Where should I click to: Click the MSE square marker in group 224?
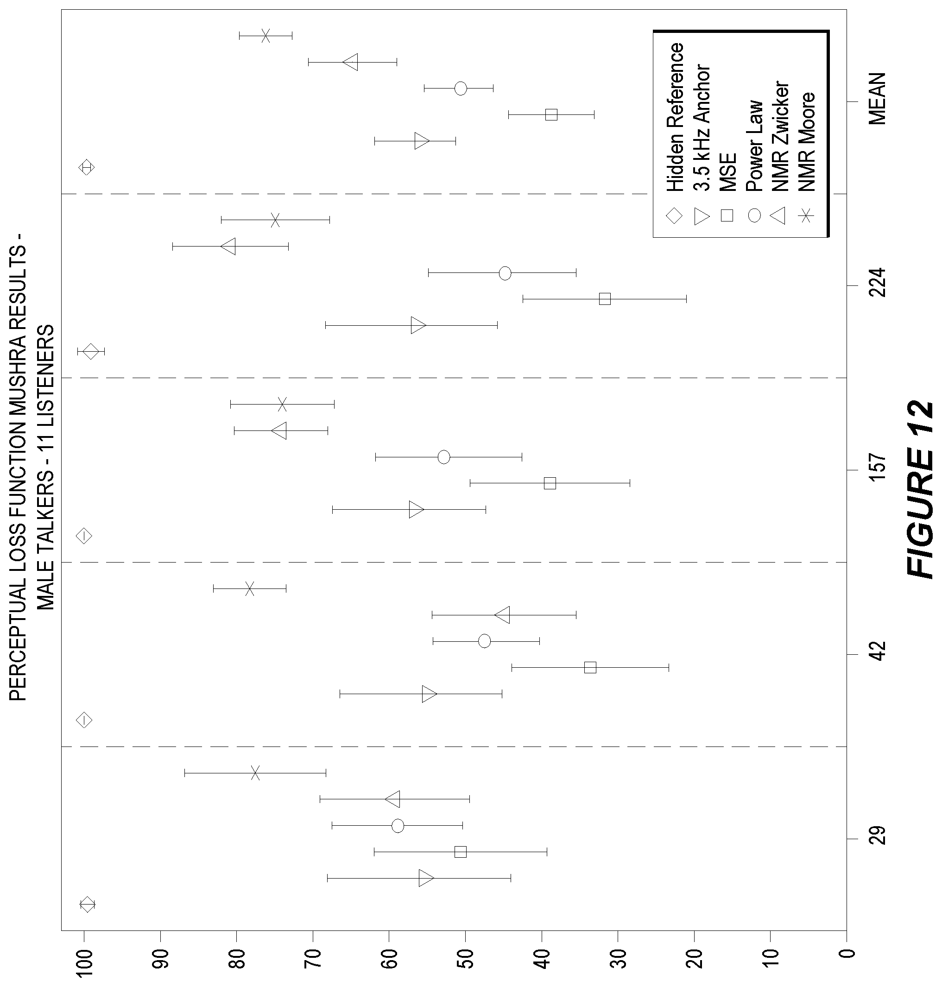pyautogui.click(x=605, y=299)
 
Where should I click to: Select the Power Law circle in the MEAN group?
pyautogui.click(x=461, y=89)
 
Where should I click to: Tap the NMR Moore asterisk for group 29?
pyautogui.click(x=255, y=772)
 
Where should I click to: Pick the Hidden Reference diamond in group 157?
pyautogui.click(x=84, y=536)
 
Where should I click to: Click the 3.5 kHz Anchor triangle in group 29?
pyautogui.click(x=426, y=878)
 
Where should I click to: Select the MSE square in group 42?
pyautogui.click(x=590, y=667)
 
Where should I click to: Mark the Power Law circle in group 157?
pyautogui.click(x=444, y=457)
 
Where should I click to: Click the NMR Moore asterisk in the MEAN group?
pyautogui.click(x=266, y=36)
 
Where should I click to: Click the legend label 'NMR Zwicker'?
pyautogui.click(x=780, y=136)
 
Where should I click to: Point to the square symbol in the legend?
pyautogui.click(x=727, y=216)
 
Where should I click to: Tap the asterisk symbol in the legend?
pyautogui.click(x=806, y=216)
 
